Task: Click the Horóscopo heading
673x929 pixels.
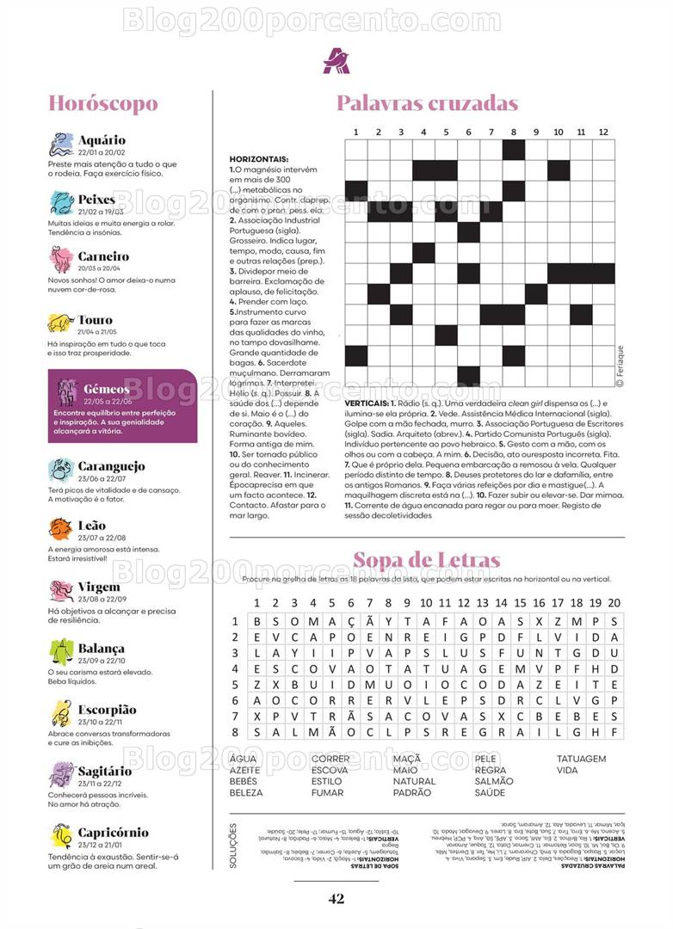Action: (x=102, y=104)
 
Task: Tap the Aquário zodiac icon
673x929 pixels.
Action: (x=61, y=144)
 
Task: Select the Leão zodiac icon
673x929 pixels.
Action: (x=60, y=529)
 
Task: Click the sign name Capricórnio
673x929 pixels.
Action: (x=113, y=833)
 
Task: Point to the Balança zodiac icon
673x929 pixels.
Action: (x=61, y=651)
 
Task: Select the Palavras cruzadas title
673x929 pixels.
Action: (x=427, y=104)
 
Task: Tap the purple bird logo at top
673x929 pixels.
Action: (x=336, y=59)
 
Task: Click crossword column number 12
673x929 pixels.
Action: (x=603, y=132)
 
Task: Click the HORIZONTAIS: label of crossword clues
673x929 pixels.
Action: (x=259, y=159)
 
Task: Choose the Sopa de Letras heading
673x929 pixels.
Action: (x=426, y=561)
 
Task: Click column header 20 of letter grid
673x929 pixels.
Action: (x=614, y=603)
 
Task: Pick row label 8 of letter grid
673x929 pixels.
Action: (x=234, y=731)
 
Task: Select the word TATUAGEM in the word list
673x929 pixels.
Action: (x=581, y=759)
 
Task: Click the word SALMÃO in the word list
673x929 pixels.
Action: (x=494, y=781)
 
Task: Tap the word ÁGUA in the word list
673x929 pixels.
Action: (x=243, y=759)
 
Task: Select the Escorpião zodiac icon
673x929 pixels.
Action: (x=61, y=712)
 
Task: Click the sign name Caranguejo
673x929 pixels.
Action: (x=111, y=466)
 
